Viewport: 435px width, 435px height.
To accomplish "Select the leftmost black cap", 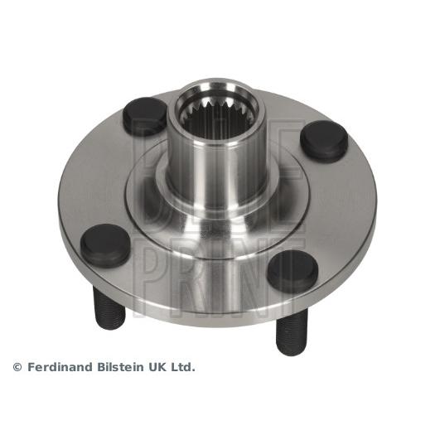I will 105,244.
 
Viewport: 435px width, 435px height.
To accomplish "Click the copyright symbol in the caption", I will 17,366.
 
